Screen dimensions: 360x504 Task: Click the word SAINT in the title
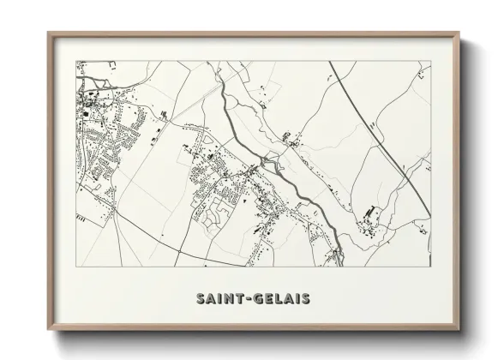219,299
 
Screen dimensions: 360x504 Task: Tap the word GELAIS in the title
280,299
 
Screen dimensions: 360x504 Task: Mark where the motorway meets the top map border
329,62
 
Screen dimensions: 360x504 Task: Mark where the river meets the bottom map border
340,265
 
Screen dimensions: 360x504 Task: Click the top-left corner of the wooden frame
48,33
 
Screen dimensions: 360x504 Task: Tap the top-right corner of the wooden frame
459,33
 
